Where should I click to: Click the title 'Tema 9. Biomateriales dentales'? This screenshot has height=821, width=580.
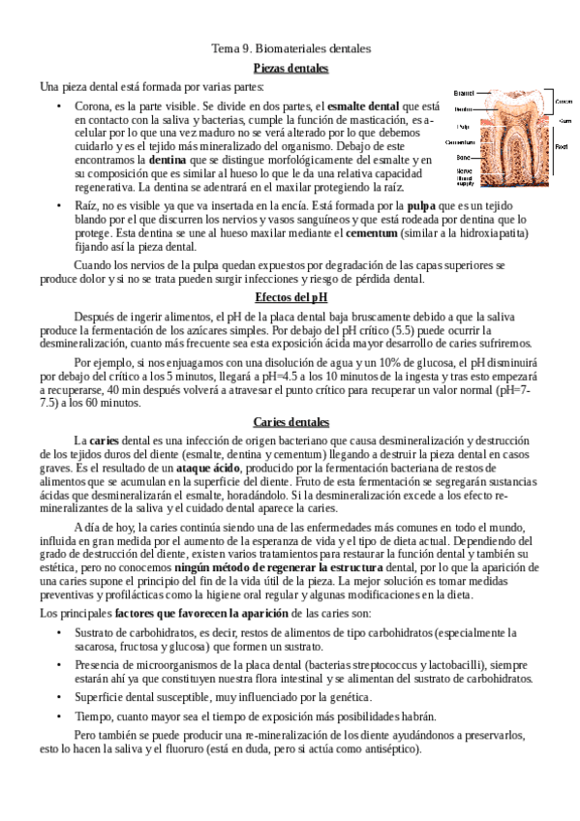[x=290, y=46]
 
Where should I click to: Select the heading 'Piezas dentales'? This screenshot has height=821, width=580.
[x=290, y=68]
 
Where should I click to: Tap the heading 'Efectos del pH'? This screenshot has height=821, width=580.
[x=290, y=296]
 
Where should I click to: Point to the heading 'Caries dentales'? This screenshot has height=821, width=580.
[x=290, y=421]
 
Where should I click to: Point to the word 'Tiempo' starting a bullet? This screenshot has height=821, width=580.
[x=92, y=716]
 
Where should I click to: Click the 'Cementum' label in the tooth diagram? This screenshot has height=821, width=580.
[x=460, y=141]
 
